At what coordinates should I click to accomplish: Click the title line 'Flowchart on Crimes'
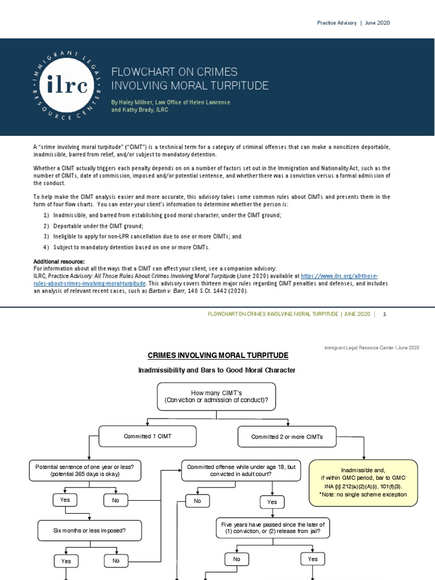[x=174, y=72]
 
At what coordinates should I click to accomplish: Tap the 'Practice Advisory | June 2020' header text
[x=353, y=23]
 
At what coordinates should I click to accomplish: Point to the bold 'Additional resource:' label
[x=59, y=262]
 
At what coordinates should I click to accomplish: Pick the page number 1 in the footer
[x=385, y=314]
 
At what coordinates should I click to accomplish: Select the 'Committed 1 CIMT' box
[x=148, y=436]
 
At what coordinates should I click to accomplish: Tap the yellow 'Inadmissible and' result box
[x=363, y=482]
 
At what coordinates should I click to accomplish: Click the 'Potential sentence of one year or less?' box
[x=85, y=470]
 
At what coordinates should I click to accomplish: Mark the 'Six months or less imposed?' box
[x=90, y=531]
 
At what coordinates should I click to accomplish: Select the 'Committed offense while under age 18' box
[x=241, y=470]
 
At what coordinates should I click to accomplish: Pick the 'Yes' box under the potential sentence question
[x=65, y=500]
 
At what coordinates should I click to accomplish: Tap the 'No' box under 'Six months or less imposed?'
[x=116, y=561]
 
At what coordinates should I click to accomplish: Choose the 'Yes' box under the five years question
[x=313, y=559]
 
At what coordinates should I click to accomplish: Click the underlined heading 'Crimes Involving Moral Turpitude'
[x=217, y=355]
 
